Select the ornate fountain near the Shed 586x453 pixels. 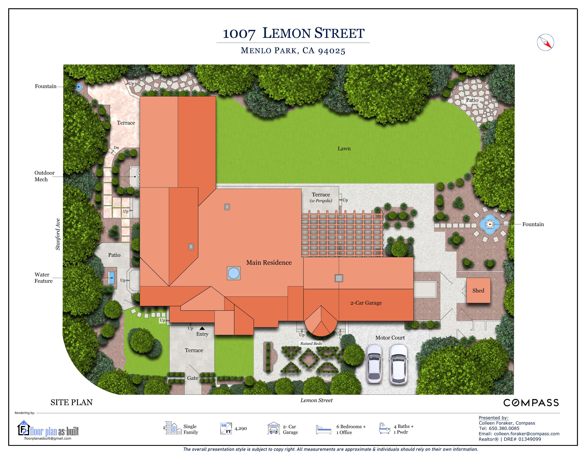(490, 224)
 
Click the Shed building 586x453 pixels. (478, 290)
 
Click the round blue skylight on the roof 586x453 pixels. (234, 273)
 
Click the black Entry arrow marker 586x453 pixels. (202, 328)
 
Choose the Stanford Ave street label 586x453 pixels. (58, 234)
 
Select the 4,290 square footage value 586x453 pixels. (241, 429)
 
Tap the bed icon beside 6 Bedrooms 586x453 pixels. (324, 429)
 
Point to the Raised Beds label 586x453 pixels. (311, 344)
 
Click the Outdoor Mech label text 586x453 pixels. (44, 176)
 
